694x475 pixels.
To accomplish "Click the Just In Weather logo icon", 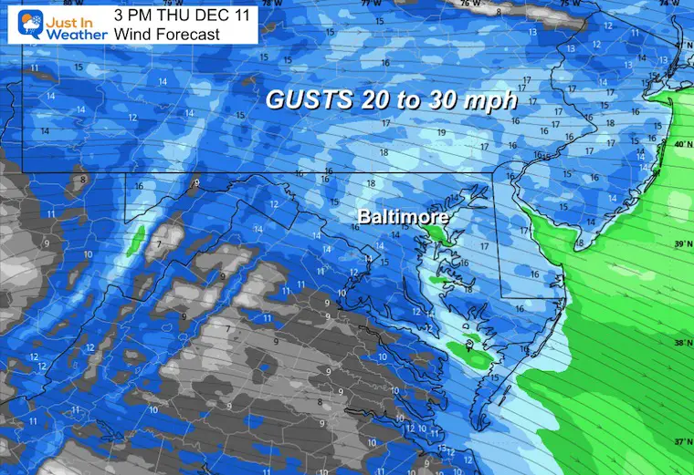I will point(18,22).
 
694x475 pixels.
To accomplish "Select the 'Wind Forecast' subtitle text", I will point(167,35).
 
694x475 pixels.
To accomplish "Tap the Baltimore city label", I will point(403,218).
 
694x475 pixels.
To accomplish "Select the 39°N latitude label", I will point(680,244).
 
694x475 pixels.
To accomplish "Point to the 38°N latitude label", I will point(680,343).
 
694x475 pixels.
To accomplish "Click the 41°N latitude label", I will point(680,45).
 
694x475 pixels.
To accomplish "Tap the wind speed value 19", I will point(441,133).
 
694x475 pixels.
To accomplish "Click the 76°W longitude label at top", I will point(468,5).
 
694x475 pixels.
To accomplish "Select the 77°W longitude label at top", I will point(370,5).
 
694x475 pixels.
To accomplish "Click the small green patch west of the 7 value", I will point(137,241).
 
